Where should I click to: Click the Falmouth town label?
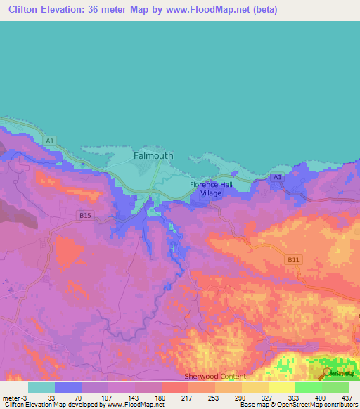[153, 156]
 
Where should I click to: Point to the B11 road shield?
[293, 260]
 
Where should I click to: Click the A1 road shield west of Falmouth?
[49, 141]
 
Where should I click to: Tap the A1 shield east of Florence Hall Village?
[277, 177]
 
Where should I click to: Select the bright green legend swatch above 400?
[308, 387]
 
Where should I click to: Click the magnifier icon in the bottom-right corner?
[328, 373]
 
